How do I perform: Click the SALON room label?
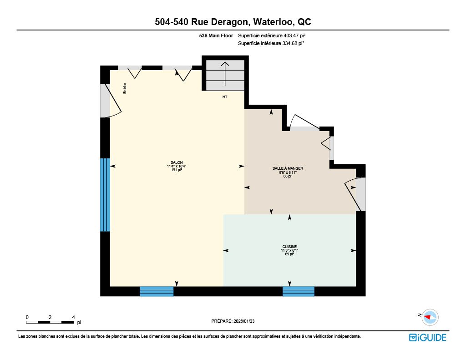pyautogui.click(x=177, y=162)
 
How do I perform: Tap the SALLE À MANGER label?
pyautogui.click(x=288, y=168)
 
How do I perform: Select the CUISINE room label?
pyautogui.click(x=289, y=247)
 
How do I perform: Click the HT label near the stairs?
pyautogui.click(x=225, y=97)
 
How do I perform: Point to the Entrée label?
pyautogui.click(x=125, y=88)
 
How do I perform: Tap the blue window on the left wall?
pyautogui.click(x=105, y=195)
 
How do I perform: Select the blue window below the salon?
pyautogui.click(x=157, y=291)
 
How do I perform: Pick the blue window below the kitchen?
pyautogui.click(x=299, y=291)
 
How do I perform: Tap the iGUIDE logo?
pyautogui.click(x=428, y=338)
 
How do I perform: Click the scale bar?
pyautogui.click(x=50, y=322)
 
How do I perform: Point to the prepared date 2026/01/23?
pyautogui.click(x=244, y=321)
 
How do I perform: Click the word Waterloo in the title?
pyautogui.click(x=274, y=22)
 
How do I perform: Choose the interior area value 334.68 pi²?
pyautogui.click(x=293, y=43)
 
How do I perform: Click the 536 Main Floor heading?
pyautogui.click(x=216, y=35)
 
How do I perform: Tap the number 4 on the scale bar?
pyautogui.click(x=73, y=317)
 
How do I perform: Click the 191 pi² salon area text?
pyautogui.click(x=177, y=170)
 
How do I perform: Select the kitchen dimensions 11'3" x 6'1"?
pyautogui.click(x=289, y=250)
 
